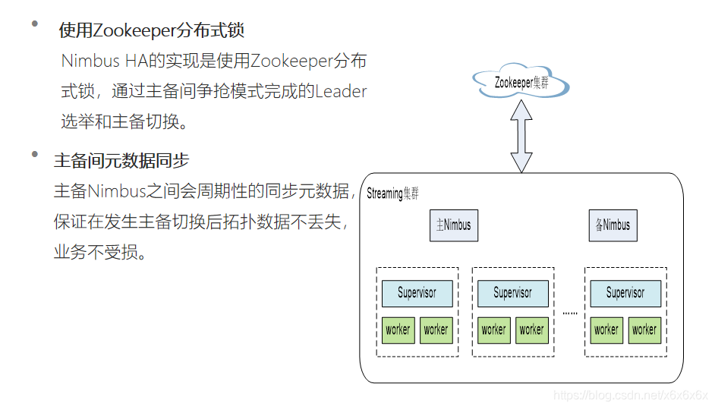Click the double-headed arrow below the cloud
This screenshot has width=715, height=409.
pos(521,136)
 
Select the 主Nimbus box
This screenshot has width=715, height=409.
pos(454,225)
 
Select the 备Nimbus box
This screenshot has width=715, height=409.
pos(613,225)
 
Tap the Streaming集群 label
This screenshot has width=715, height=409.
pos(392,193)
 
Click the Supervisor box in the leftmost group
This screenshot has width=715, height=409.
pos(417,293)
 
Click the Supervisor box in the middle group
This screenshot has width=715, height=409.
pos(512,293)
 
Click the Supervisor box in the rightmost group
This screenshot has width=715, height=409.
pos(625,293)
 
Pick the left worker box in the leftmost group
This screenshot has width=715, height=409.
pos(398,330)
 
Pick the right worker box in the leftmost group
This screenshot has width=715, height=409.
pos(436,330)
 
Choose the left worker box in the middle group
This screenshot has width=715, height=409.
pos(493,330)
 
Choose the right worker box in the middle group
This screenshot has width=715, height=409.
pos(531,330)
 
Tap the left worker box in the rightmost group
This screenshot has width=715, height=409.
pos(606,330)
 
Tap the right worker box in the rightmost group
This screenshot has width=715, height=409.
pos(644,330)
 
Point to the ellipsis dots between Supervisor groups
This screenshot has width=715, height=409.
pos(569,313)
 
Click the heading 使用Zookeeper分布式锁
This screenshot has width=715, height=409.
pos(152,31)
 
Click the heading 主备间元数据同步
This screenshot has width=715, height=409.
pos(121,161)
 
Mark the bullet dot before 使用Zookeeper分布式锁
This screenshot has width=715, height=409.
pos(34,24)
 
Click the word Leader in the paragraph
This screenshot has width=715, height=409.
pos(341,92)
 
